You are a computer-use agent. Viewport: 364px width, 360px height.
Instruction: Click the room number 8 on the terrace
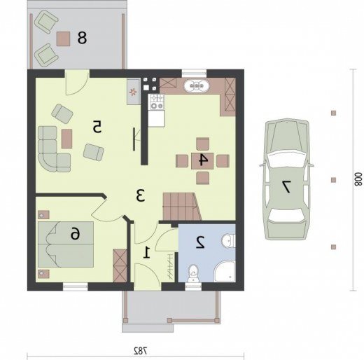pos(82,38)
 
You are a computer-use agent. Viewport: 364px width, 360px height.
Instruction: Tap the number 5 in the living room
pos(97,127)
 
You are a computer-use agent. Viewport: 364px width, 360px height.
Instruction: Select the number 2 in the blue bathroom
pos(200,242)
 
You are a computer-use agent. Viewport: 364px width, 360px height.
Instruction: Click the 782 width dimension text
pos(141,350)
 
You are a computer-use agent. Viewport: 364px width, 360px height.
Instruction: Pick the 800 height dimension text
pos(358,179)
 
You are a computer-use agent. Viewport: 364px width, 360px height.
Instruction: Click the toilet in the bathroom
pos(193,273)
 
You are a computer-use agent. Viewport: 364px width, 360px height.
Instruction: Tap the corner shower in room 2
pos(225,272)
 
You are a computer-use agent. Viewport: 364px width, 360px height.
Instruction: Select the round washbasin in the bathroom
pos(228,240)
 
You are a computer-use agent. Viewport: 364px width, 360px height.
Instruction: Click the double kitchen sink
pos(196,86)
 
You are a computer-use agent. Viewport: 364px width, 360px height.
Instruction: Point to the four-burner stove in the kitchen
pos(157,102)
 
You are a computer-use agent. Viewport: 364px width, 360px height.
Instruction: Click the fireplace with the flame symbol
pos(134,92)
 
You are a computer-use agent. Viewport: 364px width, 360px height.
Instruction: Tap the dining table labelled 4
pos(202,160)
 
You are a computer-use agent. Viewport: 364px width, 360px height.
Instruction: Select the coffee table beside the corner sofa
pos(67,139)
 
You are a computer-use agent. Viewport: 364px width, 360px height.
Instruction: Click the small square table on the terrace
pos(63,39)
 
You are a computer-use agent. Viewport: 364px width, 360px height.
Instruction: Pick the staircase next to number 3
pos(182,207)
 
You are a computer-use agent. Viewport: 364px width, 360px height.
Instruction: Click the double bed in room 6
pos(66,244)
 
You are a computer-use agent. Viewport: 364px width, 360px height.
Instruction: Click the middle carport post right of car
pos(334,180)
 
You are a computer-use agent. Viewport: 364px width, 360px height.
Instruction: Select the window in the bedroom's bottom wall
pos(76,286)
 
